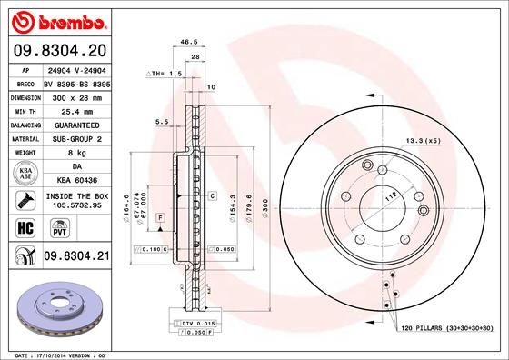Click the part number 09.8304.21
point(76,258)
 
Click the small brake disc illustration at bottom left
point(57,305)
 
